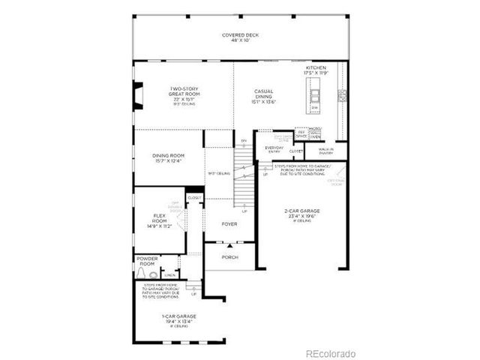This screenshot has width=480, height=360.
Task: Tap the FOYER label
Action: coord(229,224)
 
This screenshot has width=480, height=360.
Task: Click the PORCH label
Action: coord(230,257)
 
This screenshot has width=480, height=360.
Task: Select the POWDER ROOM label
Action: coord(147,262)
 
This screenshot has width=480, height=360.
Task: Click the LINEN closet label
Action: coord(170,274)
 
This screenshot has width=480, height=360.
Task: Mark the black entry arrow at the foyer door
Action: coord(230,245)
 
